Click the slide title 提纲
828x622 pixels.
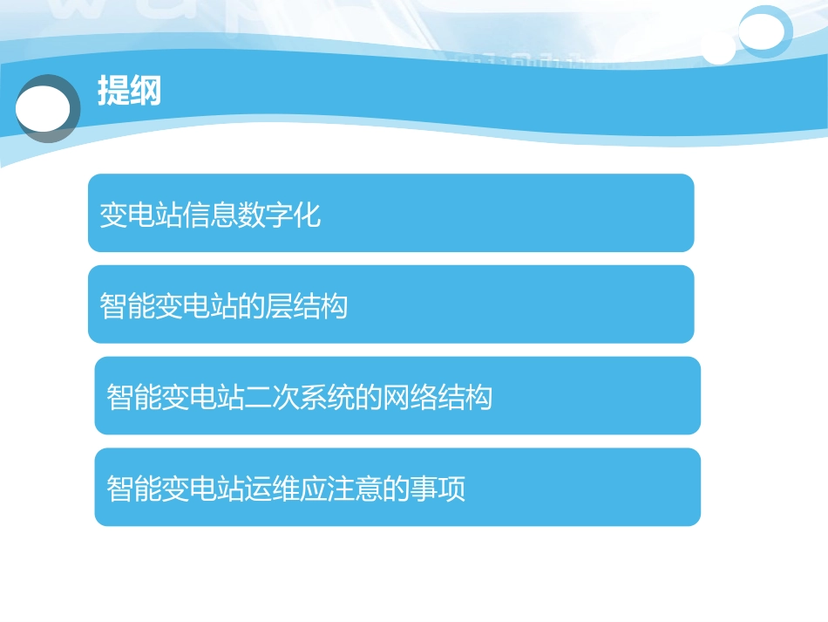coord(129,91)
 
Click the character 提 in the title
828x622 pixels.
coord(113,91)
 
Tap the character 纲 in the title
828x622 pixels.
coord(146,91)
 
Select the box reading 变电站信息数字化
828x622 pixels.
coord(390,213)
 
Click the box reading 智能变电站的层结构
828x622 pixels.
coord(390,304)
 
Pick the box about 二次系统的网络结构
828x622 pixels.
coord(397,395)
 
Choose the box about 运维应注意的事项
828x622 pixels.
coord(397,487)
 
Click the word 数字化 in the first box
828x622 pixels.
coord(279,215)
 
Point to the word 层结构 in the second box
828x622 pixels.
coord(306,306)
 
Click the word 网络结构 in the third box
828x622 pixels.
coord(438,398)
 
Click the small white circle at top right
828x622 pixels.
coord(718,48)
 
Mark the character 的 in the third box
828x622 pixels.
coord(370,398)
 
